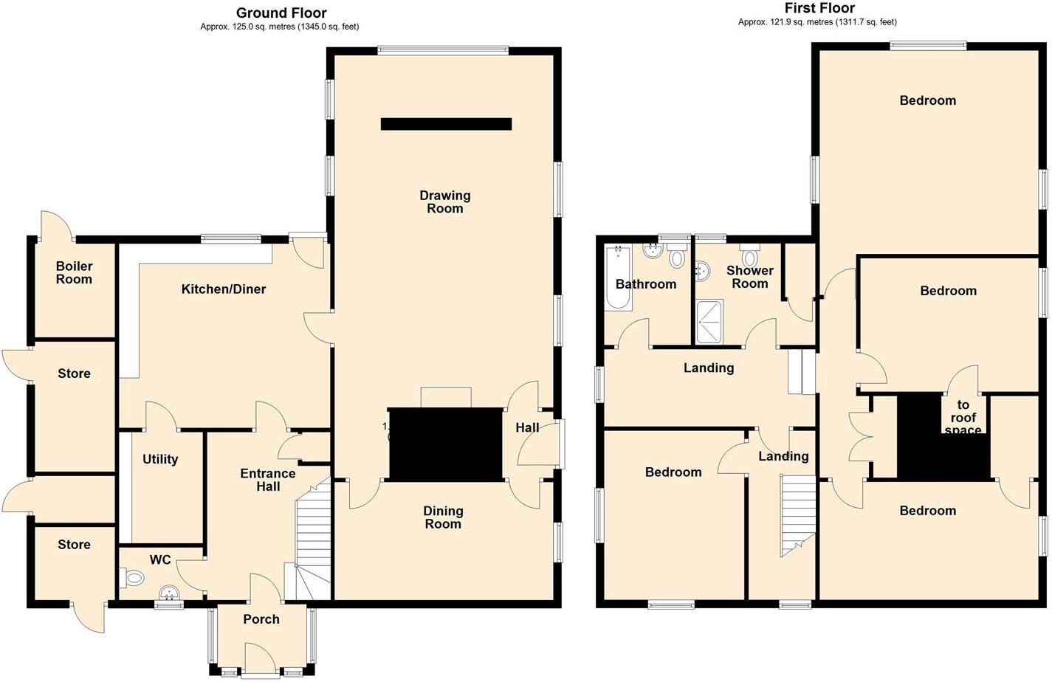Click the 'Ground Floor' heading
281,13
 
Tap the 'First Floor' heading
819,8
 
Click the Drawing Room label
444,201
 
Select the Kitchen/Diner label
223,289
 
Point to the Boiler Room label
74,272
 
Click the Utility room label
160,459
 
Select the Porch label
261,619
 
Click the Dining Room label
443,517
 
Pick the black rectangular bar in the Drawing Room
446,124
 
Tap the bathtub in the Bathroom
618,279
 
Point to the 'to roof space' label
963,418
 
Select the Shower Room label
749,277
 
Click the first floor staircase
797,515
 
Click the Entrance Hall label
268,480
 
